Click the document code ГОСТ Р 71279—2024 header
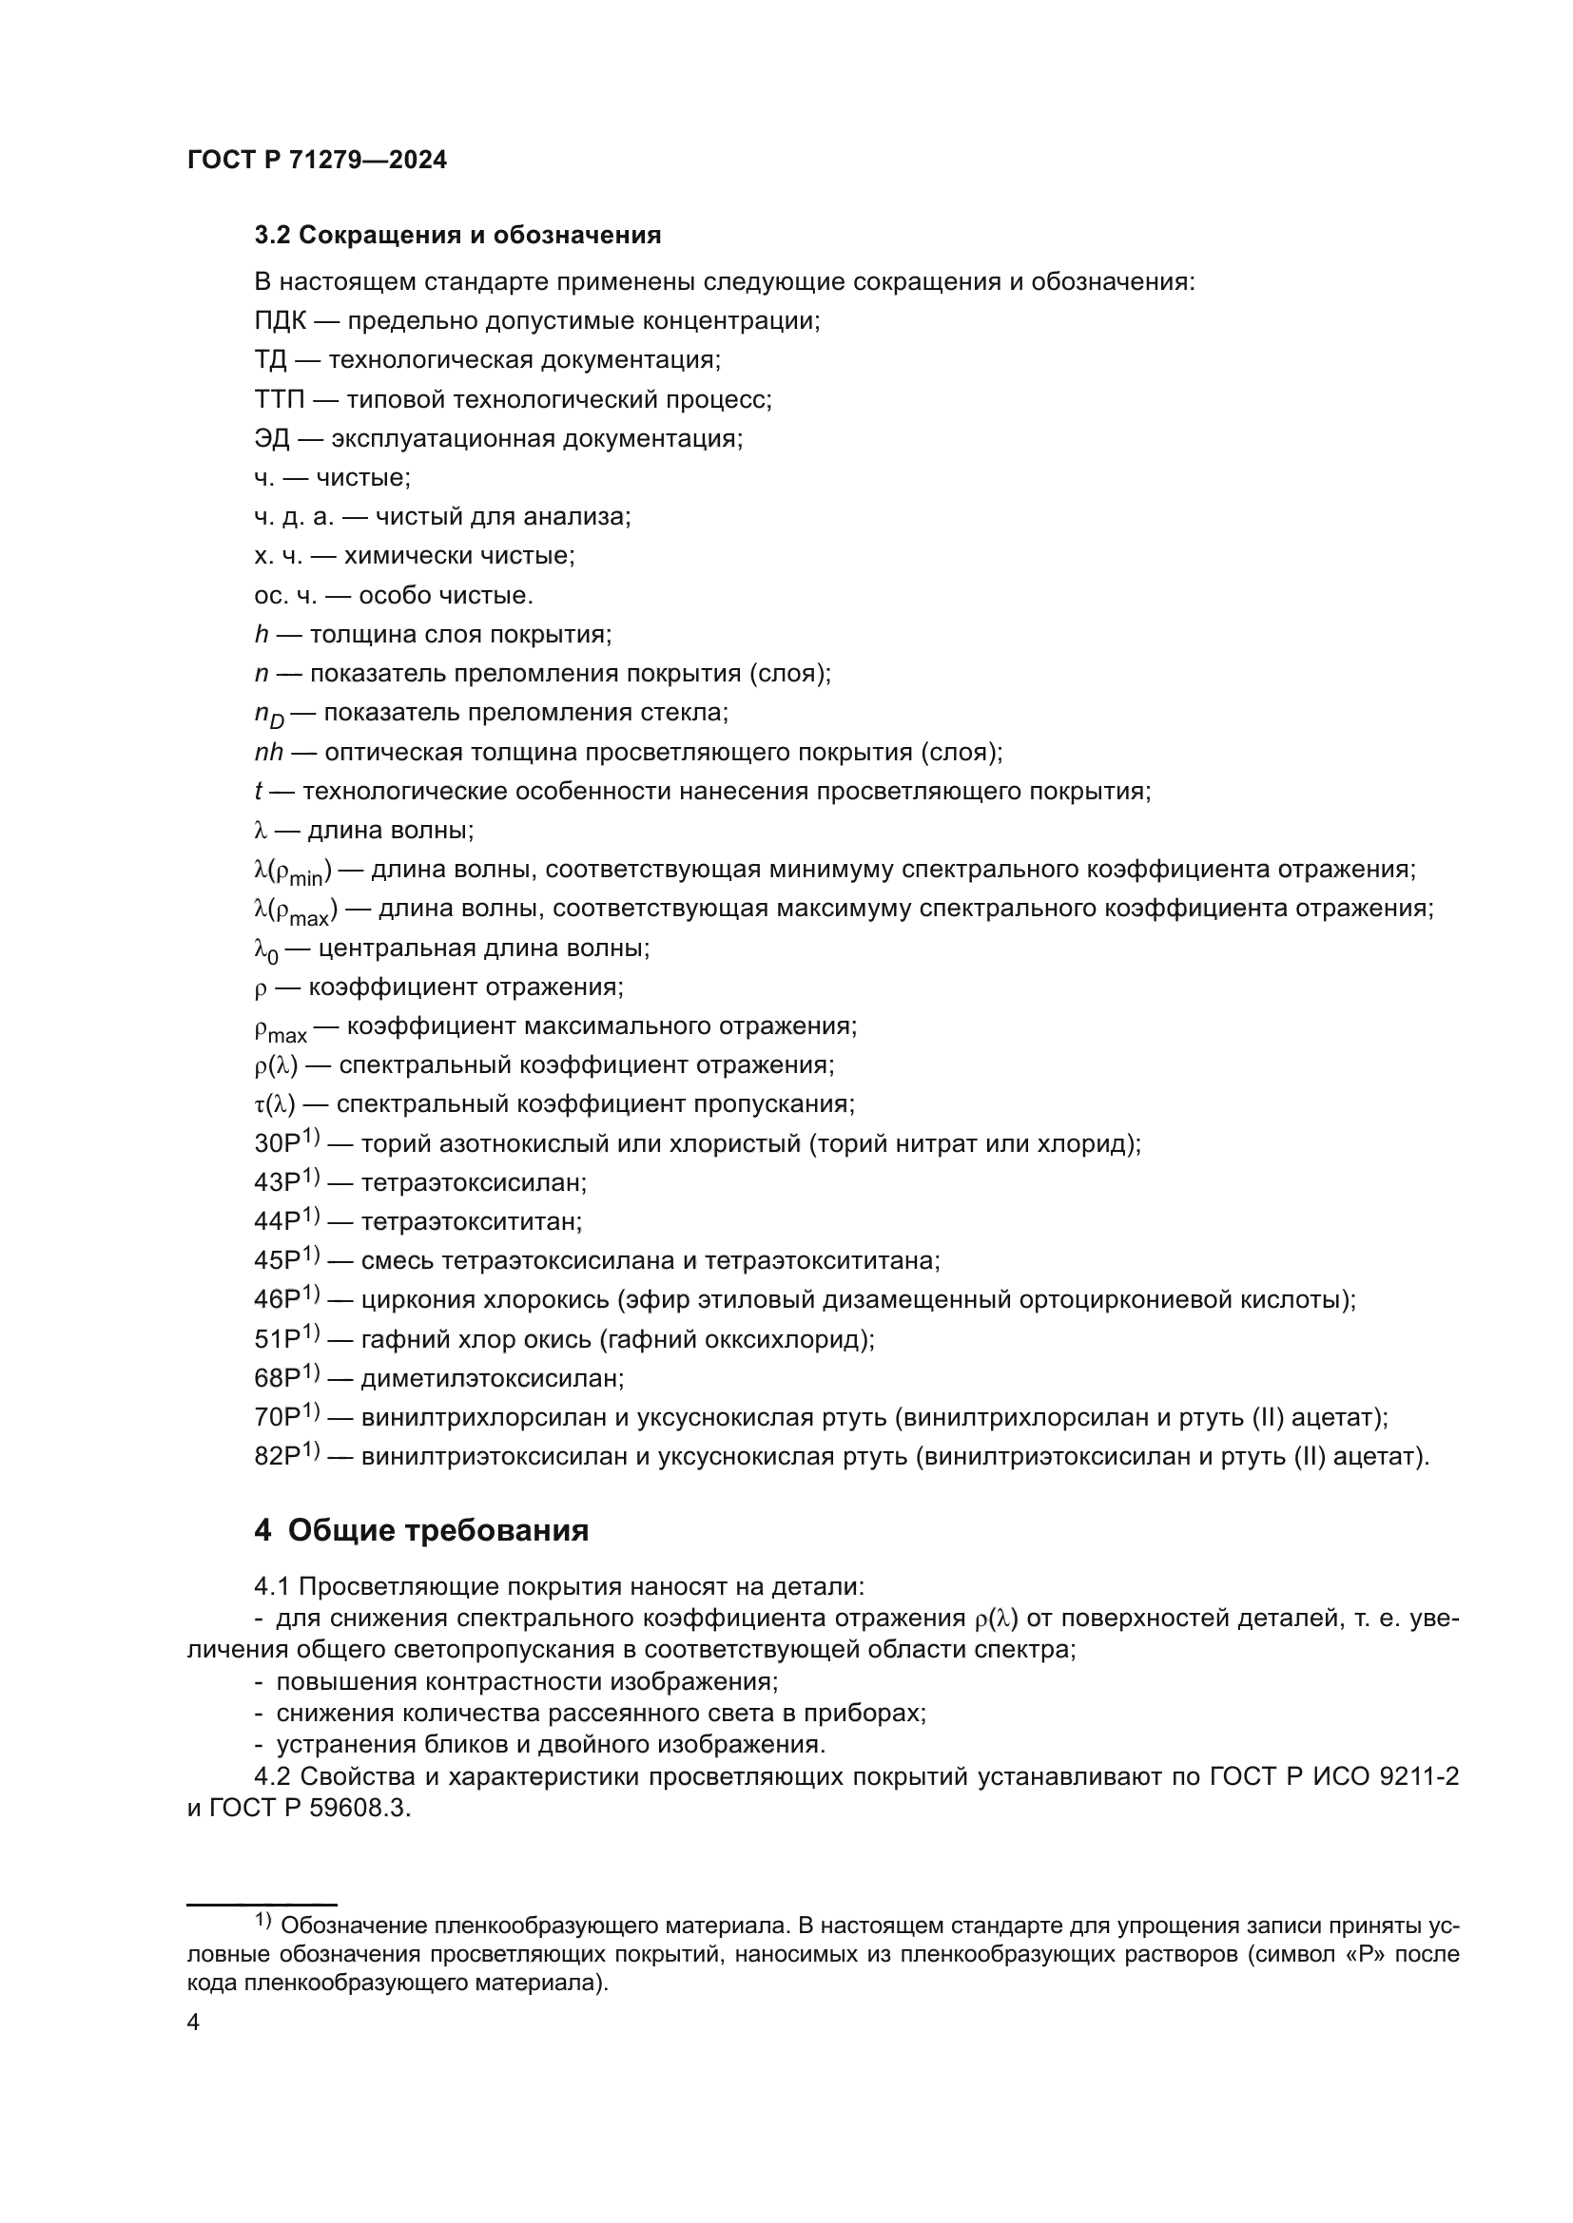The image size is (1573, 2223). (x=317, y=161)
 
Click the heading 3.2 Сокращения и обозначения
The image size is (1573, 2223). (x=457, y=236)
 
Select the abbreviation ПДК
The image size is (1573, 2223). (x=279, y=321)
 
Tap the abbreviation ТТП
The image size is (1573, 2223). (x=279, y=400)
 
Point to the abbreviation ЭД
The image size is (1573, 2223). (x=271, y=438)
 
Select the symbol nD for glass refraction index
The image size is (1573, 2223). (x=268, y=716)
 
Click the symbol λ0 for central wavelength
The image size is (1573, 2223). (x=265, y=950)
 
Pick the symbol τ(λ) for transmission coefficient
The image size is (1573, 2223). (x=274, y=1104)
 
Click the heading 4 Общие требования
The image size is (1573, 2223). (x=421, y=1531)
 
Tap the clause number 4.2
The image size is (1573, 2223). (x=272, y=1776)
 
